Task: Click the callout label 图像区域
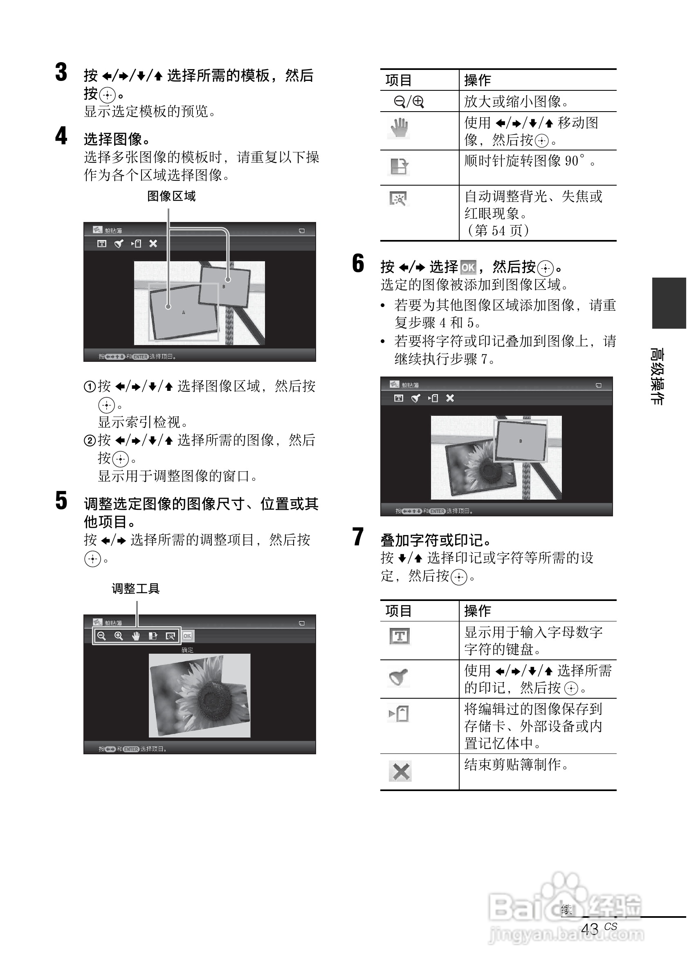tap(171, 196)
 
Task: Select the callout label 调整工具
tap(135, 589)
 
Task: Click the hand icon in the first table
tap(398, 128)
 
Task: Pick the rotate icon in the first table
tap(398, 166)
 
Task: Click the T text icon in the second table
tap(399, 636)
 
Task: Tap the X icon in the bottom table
tap(400, 771)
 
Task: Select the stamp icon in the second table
tap(398, 677)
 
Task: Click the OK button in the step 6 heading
tap(468, 267)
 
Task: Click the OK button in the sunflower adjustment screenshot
tap(187, 636)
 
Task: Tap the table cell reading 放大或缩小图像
tap(516, 102)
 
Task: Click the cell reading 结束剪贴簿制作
tap(516, 765)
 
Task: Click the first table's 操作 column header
tap(478, 80)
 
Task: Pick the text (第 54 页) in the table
tap(497, 231)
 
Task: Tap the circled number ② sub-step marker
tap(90, 441)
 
